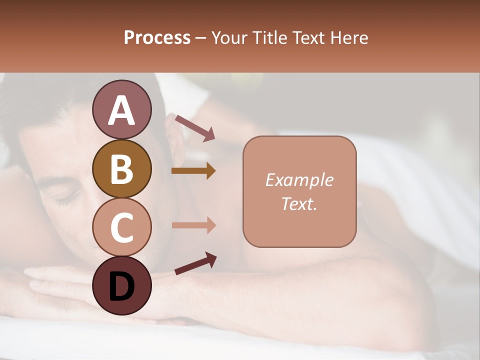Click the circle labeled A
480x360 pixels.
pyautogui.click(x=121, y=110)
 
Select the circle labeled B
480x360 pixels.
pyautogui.click(x=121, y=168)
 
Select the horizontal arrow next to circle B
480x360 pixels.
pyautogui.click(x=193, y=171)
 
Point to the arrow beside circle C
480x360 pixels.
pyautogui.click(x=193, y=225)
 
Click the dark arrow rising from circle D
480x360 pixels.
pyautogui.click(x=195, y=264)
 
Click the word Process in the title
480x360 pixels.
pyautogui.click(x=157, y=38)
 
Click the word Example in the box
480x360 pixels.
pyautogui.click(x=299, y=180)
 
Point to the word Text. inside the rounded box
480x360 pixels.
pyautogui.click(x=299, y=203)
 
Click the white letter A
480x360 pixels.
pyautogui.click(x=121, y=110)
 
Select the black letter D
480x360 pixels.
pyautogui.click(x=121, y=286)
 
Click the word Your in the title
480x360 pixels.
pyautogui.click(x=227, y=38)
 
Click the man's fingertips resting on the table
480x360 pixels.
pyautogui.click(x=31, y=283)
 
